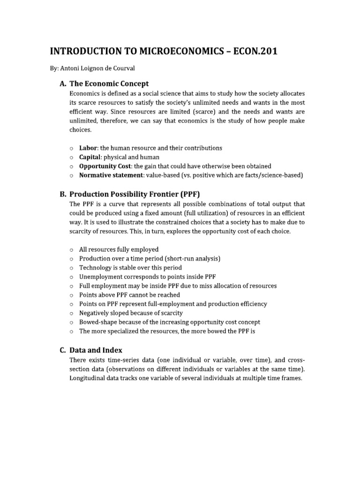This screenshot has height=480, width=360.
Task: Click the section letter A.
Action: click(62, 83)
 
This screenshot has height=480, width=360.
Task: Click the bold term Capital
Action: click(90, 157)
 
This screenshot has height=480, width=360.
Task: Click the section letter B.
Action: click(62, 194)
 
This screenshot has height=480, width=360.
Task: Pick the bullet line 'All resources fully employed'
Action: click(119, 249)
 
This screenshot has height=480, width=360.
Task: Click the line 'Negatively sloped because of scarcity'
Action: click(131, 313)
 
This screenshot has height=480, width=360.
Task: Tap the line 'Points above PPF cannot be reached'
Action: click(129, 295)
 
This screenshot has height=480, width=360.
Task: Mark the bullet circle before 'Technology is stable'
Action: click(71, 268)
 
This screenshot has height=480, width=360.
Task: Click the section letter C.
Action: click(62, 350)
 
